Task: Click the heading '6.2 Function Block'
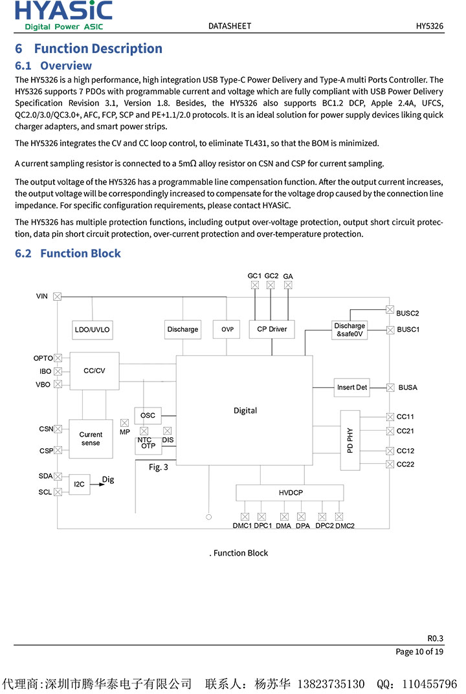[x=68, y=254]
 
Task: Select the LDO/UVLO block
[x=93, y=329]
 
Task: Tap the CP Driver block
[x=272, y=329]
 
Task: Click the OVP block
[x=227, y=329]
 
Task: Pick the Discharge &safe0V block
[x=349, y=330]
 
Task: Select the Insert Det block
[x=351, y=387]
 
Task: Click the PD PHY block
[x=349, y=440]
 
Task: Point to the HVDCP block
[x=291, y=493]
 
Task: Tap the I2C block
[x=80, y=484]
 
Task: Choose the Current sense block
[x=91, y=439]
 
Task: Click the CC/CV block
[x=94, y=371]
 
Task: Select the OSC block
[x=148, y=415]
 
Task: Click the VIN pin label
[x=42, y=296]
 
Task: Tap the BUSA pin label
[x=408, y=387]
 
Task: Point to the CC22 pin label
[x=405, y=464]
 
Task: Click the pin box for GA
[x=288, y=285]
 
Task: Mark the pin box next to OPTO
[x=58, y=358]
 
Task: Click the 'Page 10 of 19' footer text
[x=419, y=651]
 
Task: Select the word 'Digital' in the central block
[x=245, y=411]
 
